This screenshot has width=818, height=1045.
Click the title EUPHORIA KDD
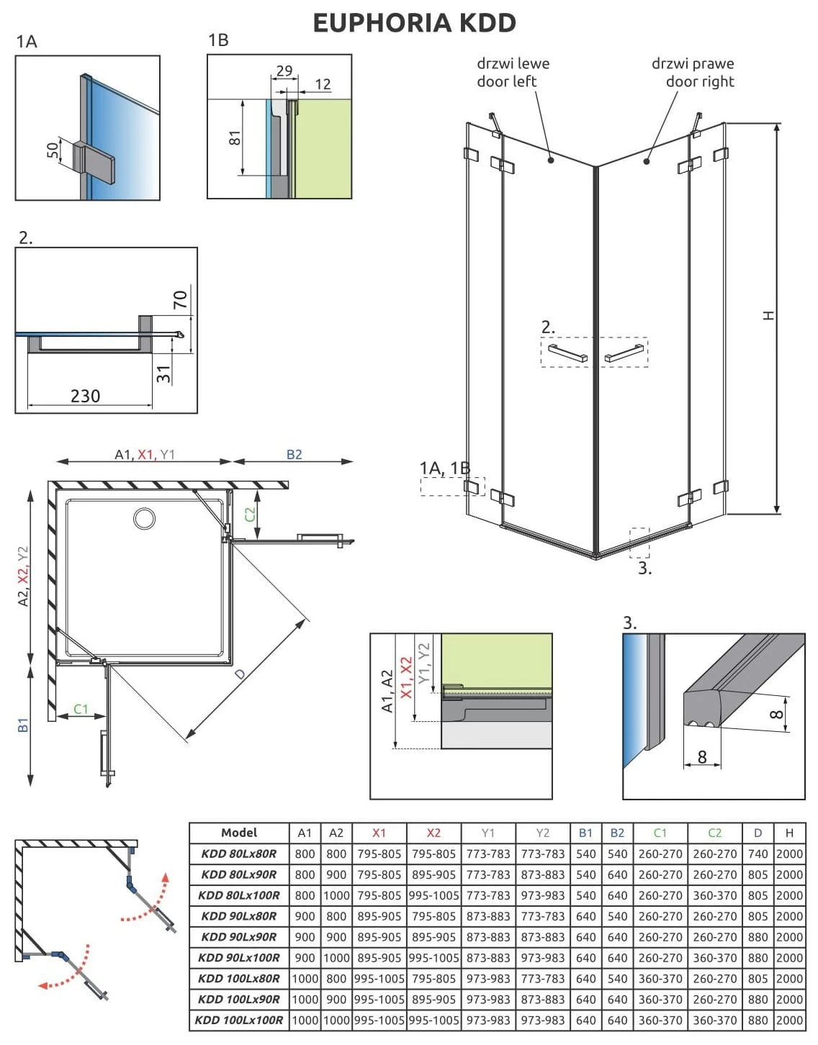414,23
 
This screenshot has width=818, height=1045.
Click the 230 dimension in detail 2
85,396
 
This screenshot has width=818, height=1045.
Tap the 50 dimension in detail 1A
53,150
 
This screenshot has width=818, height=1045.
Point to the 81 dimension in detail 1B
235,137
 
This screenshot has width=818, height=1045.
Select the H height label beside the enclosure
769,315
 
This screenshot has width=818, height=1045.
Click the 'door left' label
506,81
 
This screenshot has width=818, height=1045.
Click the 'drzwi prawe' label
692,63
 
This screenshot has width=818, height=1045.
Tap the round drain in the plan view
145,518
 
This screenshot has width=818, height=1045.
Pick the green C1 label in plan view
81,709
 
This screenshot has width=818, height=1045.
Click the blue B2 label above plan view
294,454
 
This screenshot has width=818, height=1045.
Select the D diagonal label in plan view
241,674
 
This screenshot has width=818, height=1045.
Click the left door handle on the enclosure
567,353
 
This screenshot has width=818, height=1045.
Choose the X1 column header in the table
379,833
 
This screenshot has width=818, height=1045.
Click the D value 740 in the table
758,854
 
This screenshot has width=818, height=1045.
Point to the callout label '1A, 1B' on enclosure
444,469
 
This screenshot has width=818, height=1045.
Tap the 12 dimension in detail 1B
323,84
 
